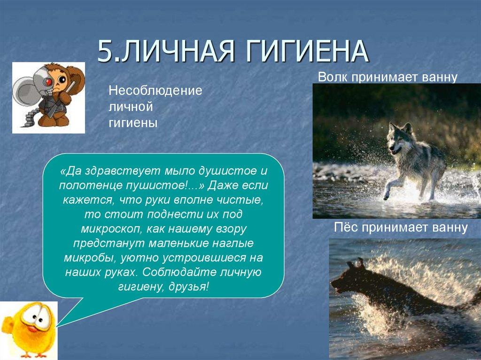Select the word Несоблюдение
[x=155, y=90]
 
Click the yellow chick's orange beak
[x=34, y=328]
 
